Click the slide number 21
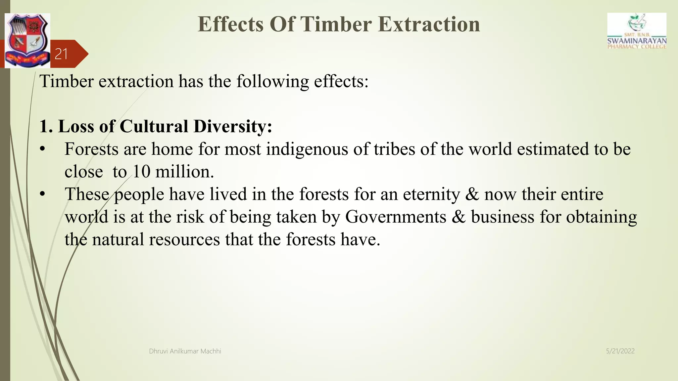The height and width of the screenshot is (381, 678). [x=61, y=54]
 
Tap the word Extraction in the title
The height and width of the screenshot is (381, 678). [x=429, y=24]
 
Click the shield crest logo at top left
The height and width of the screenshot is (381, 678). [x=27, y=40]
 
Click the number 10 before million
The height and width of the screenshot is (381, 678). [x=141, y=172]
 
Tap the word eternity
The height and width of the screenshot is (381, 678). [x=431, y=194]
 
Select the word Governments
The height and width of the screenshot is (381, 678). [x=396, y=217]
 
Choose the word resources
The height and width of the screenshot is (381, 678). [x=184, y=239]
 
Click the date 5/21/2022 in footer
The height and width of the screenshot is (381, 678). [x=620, y=351]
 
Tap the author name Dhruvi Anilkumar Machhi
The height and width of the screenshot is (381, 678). [x=185, y=351]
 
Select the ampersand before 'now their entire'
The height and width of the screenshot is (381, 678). [x=472, y=194]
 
